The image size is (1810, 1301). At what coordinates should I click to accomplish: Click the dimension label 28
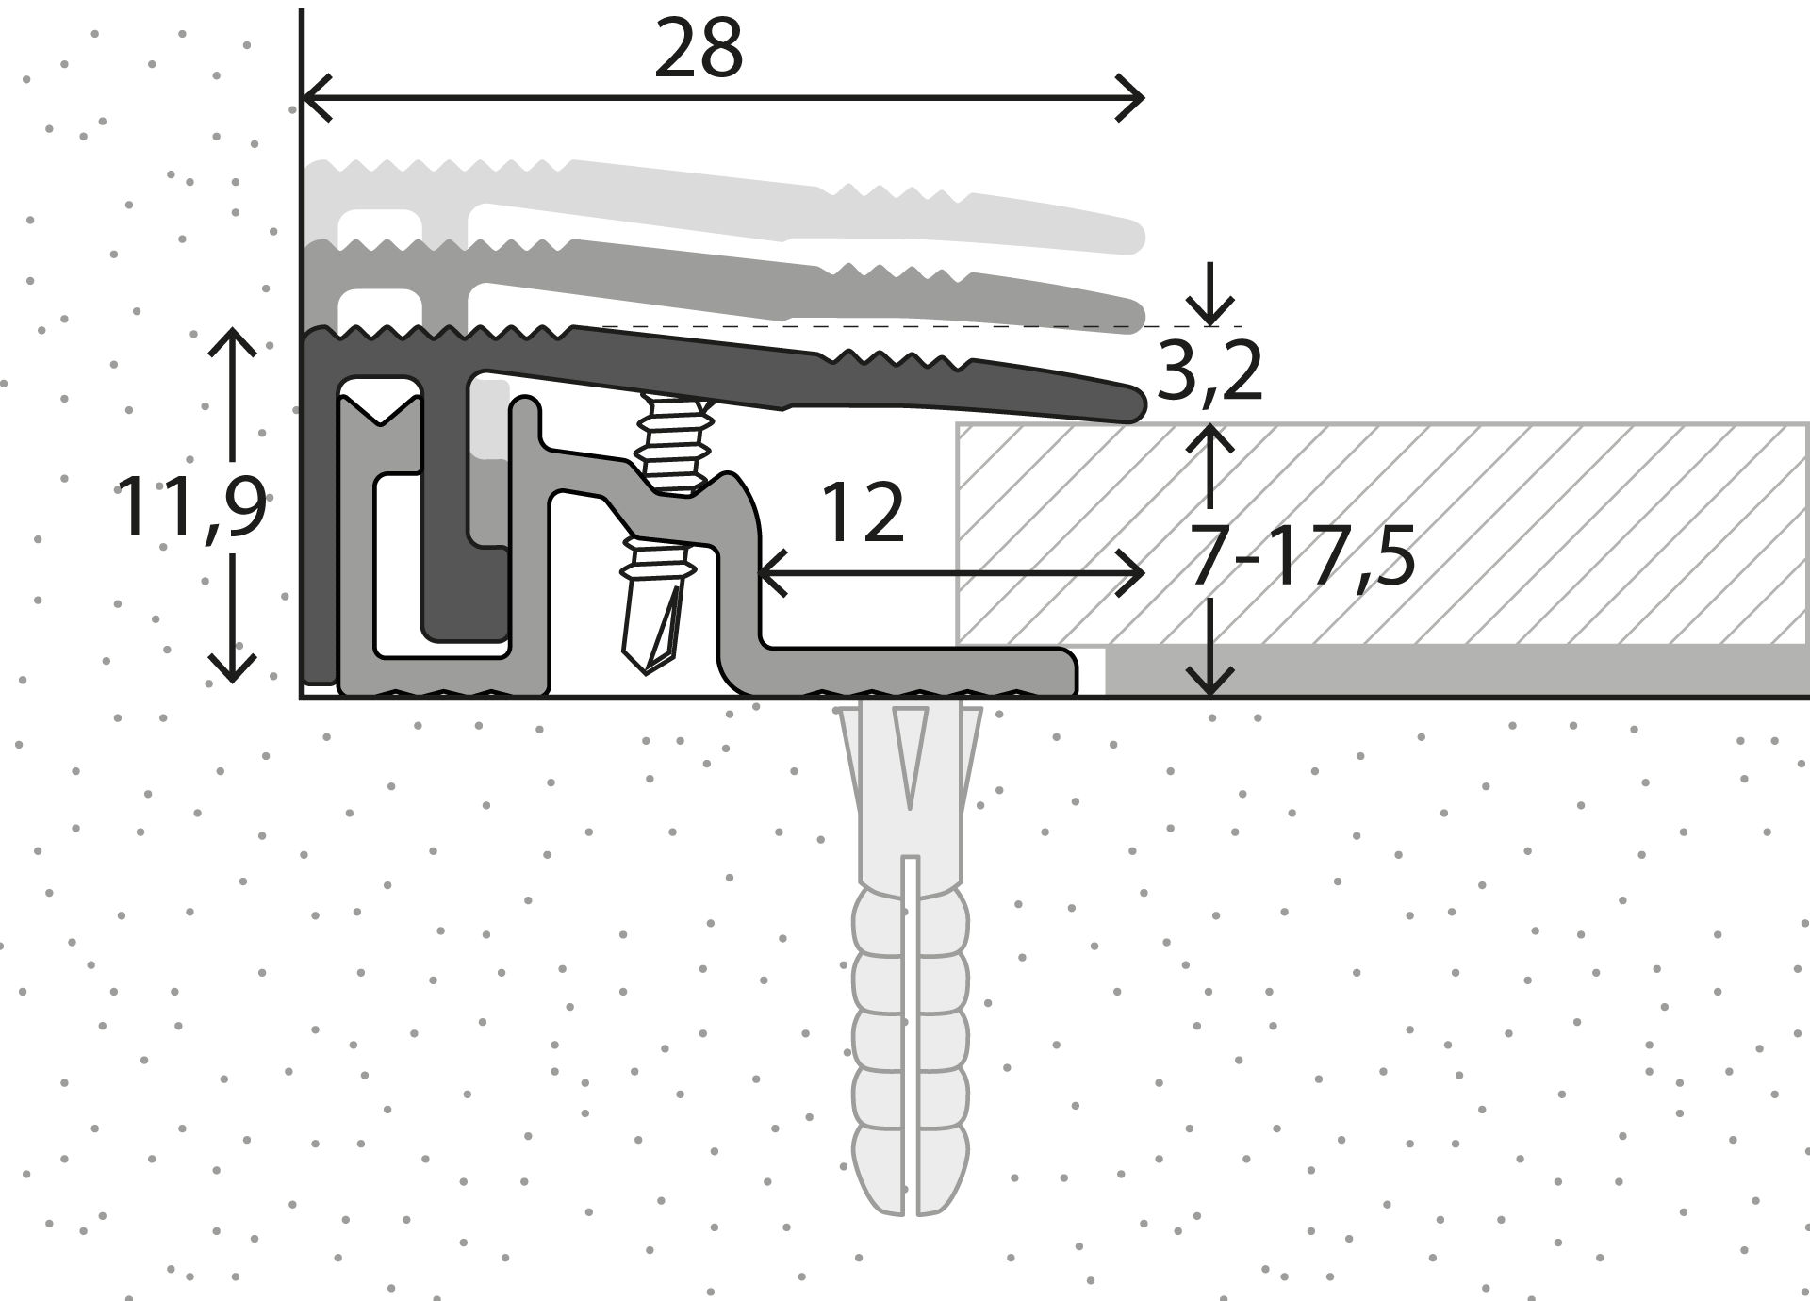(699, 49)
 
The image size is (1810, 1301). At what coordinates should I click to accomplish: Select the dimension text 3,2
(1209, 371)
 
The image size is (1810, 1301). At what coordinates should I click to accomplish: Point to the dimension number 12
(863, 513)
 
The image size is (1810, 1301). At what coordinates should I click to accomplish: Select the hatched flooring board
(1383, 534)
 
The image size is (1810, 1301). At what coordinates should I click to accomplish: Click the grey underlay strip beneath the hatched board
(1456, 671)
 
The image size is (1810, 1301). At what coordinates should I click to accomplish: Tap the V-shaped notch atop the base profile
(380, 412)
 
